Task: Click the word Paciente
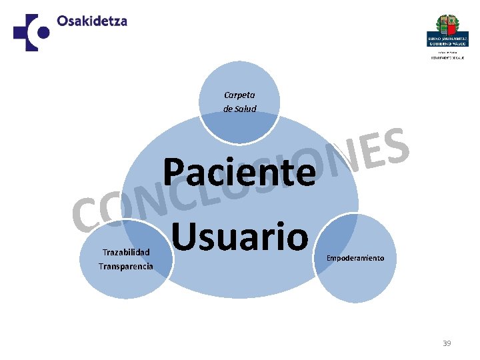[239, 172]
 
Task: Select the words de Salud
[239, 109]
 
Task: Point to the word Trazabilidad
[125, 253]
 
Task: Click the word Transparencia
[125, 266]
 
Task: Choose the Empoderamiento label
[355, 258]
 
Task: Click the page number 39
[447, 343]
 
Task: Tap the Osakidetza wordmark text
[92, 21]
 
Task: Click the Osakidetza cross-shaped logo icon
[31, 32]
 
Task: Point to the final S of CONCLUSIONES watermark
[396, 147]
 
